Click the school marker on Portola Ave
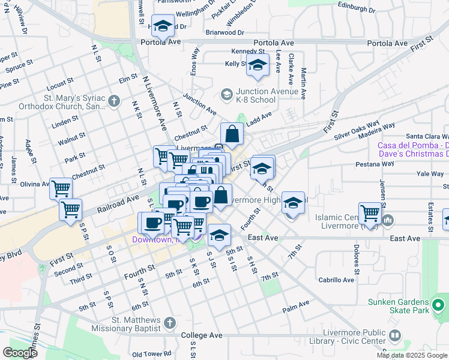point(162,26)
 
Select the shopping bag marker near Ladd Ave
point(232,134)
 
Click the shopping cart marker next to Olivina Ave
point(61,188)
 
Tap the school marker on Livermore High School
point(293,203)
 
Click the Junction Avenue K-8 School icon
point(226,95)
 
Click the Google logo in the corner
point(20,353)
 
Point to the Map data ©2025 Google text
point(412,355)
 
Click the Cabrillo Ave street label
point(336,280)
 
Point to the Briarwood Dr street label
point(224,32)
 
